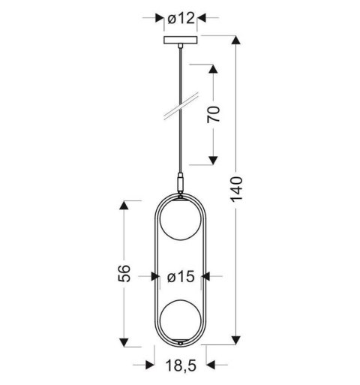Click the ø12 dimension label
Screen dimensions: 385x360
tap(180, 17)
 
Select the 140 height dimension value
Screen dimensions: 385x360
tap(237, 191)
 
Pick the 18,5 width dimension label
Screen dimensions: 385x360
tap(180, 365)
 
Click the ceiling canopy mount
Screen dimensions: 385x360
tap(180, 40)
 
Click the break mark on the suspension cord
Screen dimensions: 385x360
tap(180, 104)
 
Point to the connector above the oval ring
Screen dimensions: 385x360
tap(180, 184)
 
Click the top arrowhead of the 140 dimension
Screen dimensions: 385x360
tap(237, 42)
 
